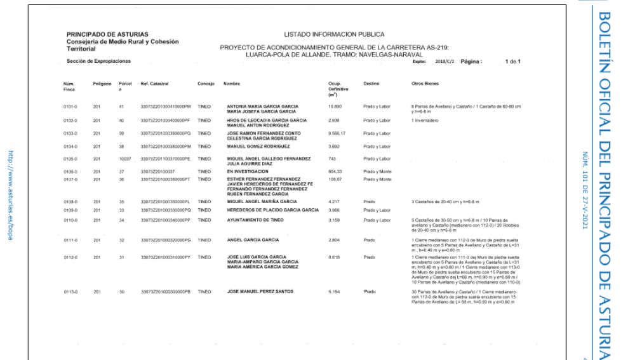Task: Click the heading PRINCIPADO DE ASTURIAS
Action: [107, 34]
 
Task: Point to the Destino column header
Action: [371, 83]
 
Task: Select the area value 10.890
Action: [336, 105]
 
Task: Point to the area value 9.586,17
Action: [338, 133]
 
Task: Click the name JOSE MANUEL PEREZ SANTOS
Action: [261, 290]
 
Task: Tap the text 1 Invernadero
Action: [423, 119]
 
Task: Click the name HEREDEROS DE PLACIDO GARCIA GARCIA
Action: [272, 210]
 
